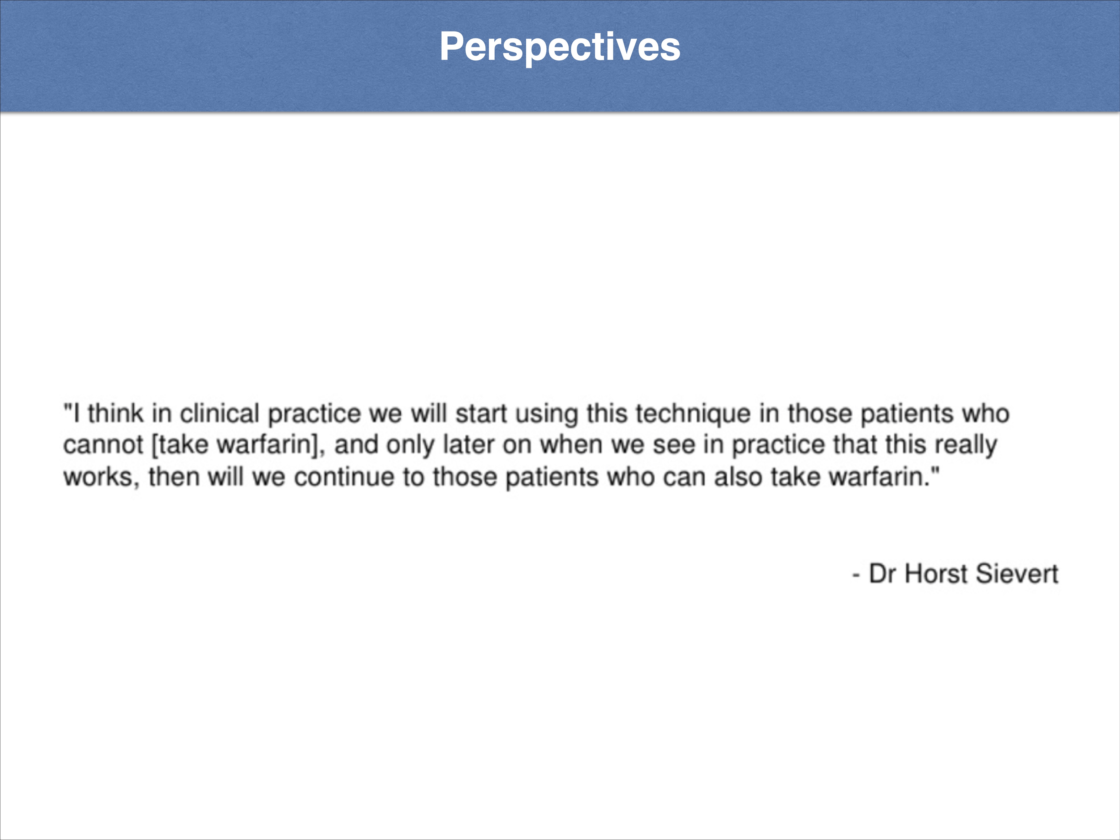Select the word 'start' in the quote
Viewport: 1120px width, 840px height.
point(481,414)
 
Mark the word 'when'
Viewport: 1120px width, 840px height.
point(571,445)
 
